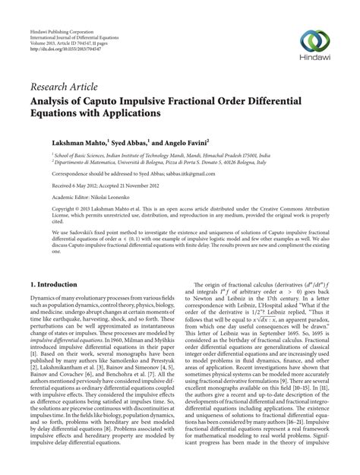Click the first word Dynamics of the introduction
click(44, 300)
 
